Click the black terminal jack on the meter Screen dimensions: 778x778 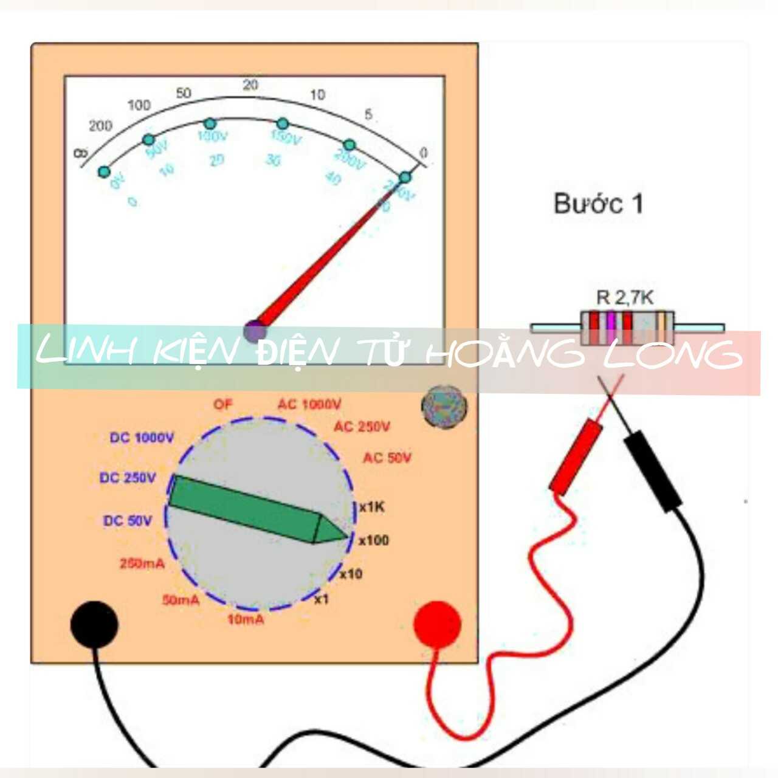(94, 624)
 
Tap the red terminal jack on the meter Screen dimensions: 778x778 (437, 624)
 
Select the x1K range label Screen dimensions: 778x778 (371, 507)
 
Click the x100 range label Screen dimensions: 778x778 (373, 540)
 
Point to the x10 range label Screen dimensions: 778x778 (351, 573)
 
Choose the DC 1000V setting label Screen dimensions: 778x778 (142, 438)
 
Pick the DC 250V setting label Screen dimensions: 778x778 (128, 478)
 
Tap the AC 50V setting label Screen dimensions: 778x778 (387, 458)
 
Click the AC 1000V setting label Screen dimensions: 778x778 (309, 404)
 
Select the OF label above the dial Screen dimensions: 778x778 (222, 404)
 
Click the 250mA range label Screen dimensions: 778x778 (142, 563)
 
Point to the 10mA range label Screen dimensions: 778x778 (246, 619)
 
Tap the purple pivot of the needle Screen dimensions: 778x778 (255, 331)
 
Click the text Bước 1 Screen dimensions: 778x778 (598, 204)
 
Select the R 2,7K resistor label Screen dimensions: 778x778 (625, 297)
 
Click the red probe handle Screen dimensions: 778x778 (576, 456)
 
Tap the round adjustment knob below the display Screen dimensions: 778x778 (445, 405)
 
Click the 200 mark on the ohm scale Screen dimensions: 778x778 (100, 126)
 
